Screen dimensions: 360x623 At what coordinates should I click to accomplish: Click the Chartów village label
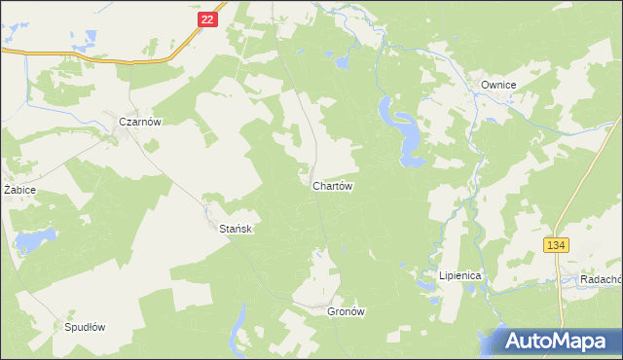332,185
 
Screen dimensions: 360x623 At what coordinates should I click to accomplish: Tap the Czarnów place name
139,122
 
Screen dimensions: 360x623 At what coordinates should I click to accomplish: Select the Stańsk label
236,228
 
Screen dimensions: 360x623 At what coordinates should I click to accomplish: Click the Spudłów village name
84,327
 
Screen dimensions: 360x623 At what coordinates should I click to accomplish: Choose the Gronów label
346,312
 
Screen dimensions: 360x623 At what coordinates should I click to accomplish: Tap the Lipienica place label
460,275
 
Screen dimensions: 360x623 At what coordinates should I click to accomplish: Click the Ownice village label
498,85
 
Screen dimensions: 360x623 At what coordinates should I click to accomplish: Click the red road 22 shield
204,18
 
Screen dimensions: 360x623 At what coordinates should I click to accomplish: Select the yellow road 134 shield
556,246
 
